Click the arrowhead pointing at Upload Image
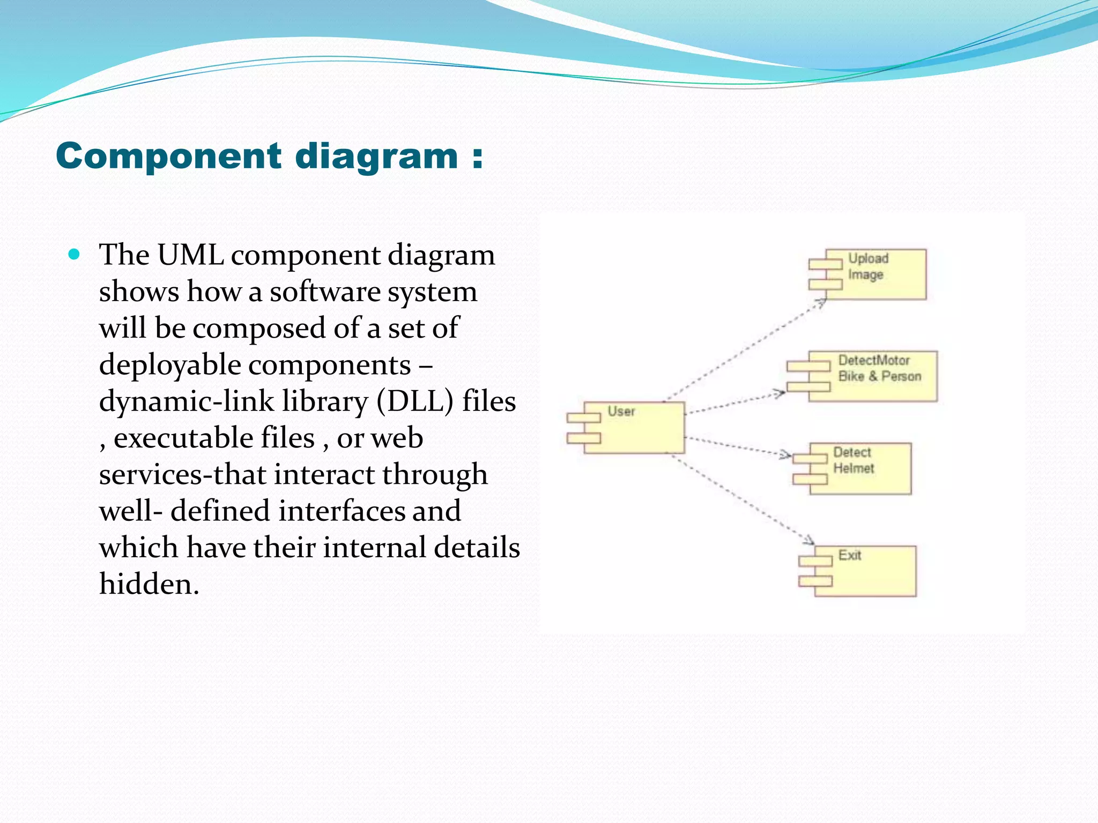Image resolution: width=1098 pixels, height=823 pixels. tap(821, 303)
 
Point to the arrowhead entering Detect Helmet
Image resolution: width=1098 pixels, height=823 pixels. tap(786, 455)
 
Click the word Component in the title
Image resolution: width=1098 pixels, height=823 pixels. tap(168, 156)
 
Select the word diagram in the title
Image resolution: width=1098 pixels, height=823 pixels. tap(376, 156)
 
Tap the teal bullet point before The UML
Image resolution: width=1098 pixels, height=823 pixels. tap(75, 254)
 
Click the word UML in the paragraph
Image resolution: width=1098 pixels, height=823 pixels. tap(190, 255)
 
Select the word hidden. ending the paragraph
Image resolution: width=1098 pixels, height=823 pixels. tap(149, 584)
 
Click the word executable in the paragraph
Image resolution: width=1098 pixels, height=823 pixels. tap(214, 438)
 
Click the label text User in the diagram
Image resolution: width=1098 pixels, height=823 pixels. tap(621, 411)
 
